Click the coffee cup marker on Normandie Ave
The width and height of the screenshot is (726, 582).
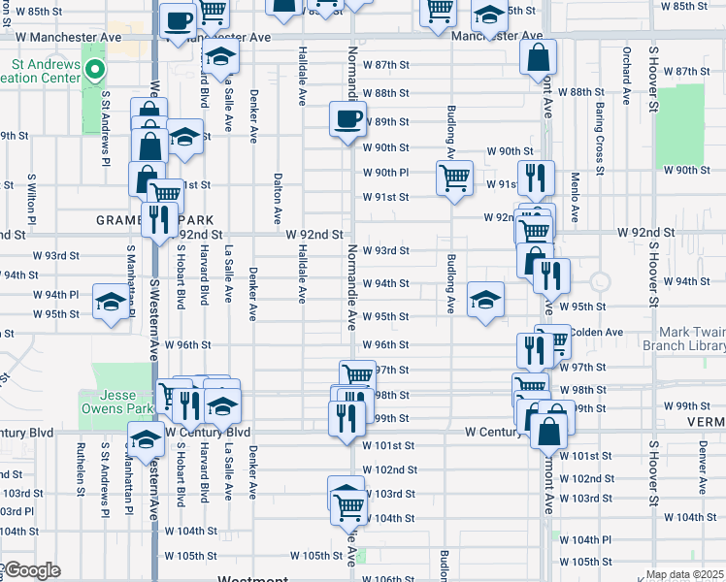[347, 120]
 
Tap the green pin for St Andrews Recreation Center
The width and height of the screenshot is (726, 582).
[94, 70]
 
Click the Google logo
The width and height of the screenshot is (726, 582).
[31, 570]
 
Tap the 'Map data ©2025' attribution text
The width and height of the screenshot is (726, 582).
[684, 574]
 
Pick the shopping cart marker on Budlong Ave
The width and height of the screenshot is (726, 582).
[453, 178]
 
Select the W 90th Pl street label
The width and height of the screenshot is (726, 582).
[385, 173]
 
